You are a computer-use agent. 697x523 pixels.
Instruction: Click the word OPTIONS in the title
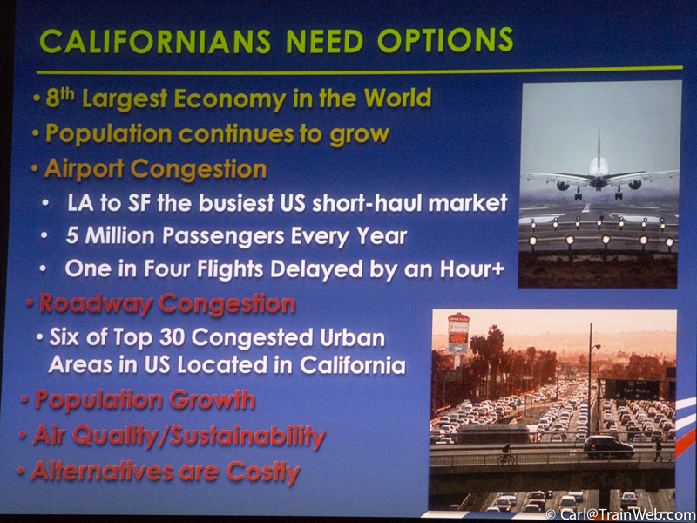point(445,40)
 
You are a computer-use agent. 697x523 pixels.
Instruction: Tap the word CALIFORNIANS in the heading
point(155,42)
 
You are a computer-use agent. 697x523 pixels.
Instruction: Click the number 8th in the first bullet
point(60,98)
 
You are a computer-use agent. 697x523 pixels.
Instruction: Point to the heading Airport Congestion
point(156,169)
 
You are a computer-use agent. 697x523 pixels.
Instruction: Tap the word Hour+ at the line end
point(472,268)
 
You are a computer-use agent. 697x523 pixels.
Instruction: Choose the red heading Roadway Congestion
point(167,304)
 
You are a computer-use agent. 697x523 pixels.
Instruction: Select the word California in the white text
point(353,365)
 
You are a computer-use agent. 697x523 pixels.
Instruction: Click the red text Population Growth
point(145,399)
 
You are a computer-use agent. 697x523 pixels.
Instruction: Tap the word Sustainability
point(247,436)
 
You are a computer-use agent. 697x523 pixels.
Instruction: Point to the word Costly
point(263,472)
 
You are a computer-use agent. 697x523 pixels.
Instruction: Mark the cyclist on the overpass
point(506,454)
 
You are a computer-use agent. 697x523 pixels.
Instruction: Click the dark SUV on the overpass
point(608,446)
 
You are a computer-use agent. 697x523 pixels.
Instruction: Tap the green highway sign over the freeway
point(631,390)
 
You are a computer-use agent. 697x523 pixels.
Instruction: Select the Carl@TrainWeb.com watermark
point(620,514)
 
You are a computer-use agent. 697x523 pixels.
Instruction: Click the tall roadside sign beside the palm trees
point(458,333)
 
